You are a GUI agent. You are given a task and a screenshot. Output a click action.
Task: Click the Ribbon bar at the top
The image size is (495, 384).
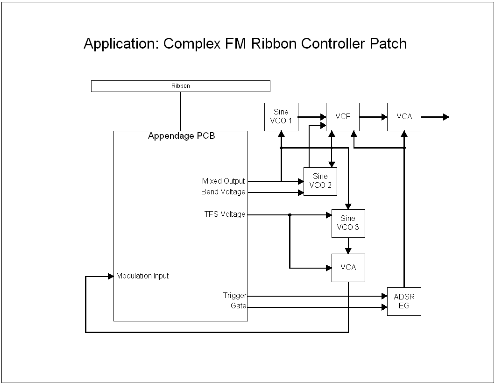click(180, 86)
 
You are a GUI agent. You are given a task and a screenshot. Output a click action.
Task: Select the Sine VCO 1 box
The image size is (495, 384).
click(281, 116)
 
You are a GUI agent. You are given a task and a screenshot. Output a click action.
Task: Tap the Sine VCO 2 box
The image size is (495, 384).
click(320, 181)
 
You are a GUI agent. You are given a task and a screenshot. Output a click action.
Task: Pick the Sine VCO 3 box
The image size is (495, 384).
click(348, 223)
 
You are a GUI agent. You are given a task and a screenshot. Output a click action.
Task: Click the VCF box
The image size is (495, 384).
click(342, 116)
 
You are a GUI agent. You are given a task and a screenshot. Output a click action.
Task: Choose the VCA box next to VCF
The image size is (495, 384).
click(404, 116)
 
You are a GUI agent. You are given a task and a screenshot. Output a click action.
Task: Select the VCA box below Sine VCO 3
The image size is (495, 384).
click(348, 268)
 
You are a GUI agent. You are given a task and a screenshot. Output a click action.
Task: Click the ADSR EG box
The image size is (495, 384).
click(404, 301)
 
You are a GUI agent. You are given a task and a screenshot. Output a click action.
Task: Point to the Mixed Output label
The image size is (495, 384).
click(223, 181)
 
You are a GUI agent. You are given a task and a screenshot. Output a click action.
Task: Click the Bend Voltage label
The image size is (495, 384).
click(223, 192)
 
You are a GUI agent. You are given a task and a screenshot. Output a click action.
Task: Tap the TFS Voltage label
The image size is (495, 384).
click(225, 214)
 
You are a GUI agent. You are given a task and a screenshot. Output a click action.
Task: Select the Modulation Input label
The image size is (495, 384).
click(142, 276)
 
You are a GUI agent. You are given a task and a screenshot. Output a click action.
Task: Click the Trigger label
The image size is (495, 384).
click(234, 296)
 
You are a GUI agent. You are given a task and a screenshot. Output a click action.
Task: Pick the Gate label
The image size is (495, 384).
click(238, 306)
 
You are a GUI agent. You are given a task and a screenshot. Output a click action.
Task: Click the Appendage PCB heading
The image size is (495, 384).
click(181, 136)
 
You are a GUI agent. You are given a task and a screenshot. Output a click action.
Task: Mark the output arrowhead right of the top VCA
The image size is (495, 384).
click(446, 117)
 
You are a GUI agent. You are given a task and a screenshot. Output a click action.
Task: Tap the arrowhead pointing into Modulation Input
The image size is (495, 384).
click(111, 276)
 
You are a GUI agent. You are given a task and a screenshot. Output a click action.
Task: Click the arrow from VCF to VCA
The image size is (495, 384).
click(373, 117)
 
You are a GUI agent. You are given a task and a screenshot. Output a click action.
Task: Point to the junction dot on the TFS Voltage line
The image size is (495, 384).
click(290, 215)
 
